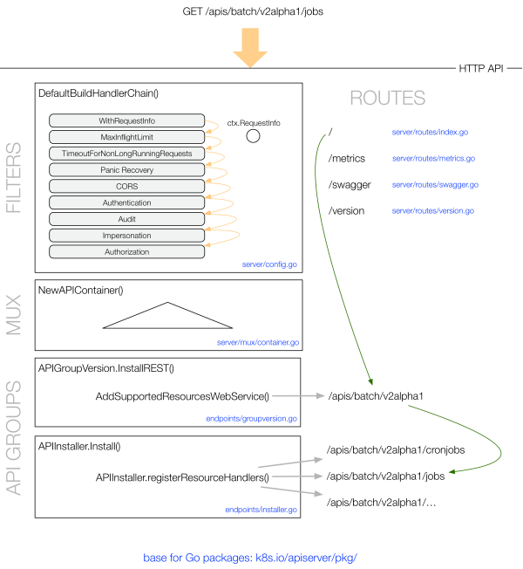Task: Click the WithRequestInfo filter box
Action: (127, 120)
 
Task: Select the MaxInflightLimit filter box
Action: (127, 137)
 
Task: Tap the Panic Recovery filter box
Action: (127, 170)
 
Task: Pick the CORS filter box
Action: (127, 186)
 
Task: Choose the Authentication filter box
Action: (127, 202)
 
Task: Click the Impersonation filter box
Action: (127, 236)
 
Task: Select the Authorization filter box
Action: (127, 252)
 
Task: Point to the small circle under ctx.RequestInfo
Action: (253, 136)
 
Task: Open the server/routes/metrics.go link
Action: (433, 159)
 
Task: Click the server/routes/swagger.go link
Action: (435, 185)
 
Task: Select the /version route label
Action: (346, 211)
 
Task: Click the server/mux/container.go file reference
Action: (258, 343)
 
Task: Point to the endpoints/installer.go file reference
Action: (261, 509)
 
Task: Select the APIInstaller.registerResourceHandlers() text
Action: (181, 477)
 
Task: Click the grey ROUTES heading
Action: (387, 98)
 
